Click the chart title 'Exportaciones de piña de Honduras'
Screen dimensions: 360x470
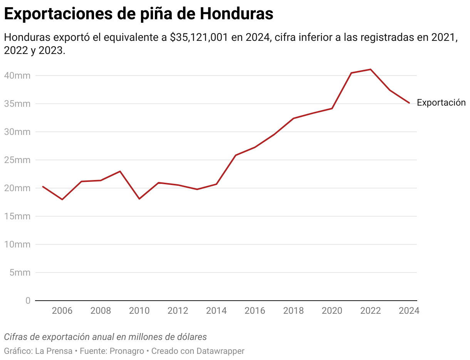tap(139, 14)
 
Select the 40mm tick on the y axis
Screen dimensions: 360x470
tap(17, 76)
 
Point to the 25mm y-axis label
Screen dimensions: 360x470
tap(17, 160)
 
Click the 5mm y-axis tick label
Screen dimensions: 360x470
tap(19, 273)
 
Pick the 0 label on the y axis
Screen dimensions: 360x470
tap(28, 301)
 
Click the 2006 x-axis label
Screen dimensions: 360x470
tap(62, 311)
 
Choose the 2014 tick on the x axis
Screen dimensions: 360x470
tap(216, 311)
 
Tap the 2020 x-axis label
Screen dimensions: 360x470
tap(332, 311)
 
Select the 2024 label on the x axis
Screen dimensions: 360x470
tap(409, 311)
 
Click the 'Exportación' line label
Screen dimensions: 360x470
tap(441, 103)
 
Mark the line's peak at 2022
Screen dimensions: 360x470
tap(371, 69)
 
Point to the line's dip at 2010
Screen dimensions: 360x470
tap(139, 199)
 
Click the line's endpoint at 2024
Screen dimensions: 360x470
tap(409, 103)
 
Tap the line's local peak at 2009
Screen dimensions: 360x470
tap(120, 171)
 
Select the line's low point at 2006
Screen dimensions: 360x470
tap(62, 199)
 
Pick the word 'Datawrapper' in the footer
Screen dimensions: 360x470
tap(220, 351)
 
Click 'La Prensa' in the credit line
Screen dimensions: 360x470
tap(54, 351)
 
